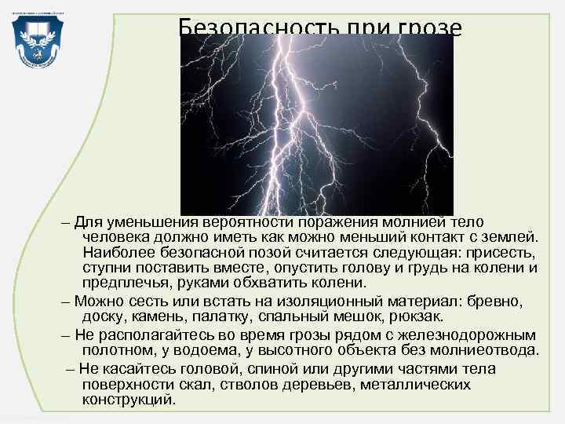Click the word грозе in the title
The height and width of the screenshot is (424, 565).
click(x=429, y=28)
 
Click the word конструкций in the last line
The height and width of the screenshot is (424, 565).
click(x=129, y=399)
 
